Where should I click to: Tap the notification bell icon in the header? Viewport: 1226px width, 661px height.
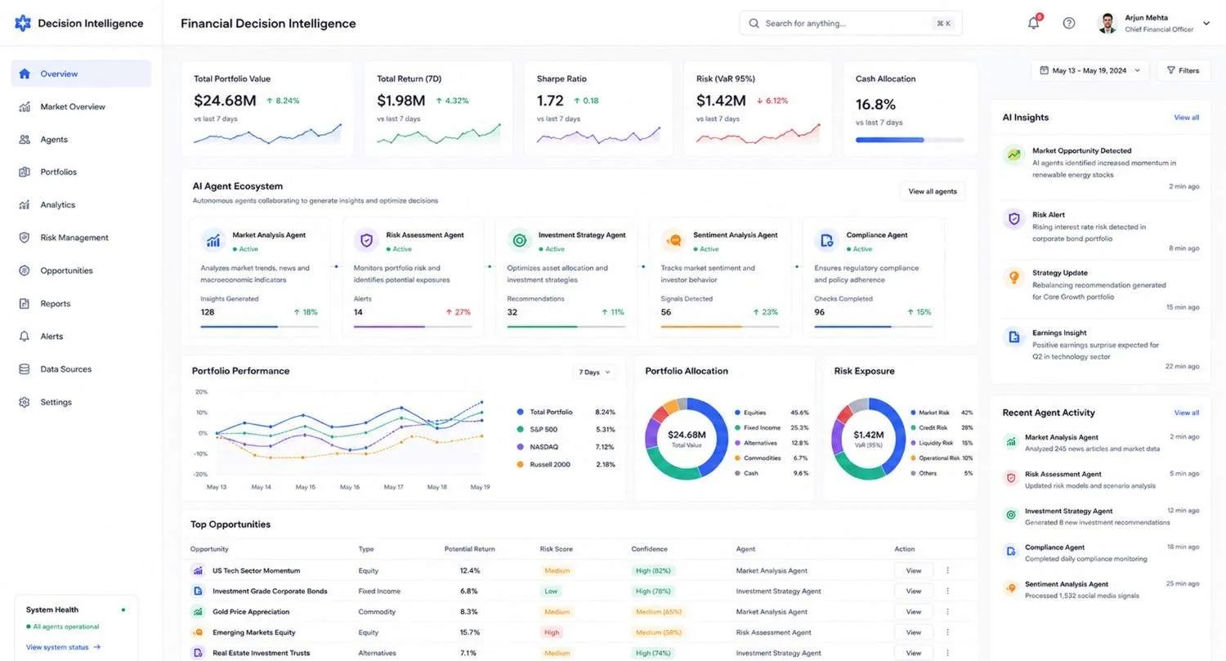(1033, 22)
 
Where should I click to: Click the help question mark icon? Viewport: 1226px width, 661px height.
(1068, 23)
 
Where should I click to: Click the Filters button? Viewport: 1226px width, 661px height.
(1183, 70)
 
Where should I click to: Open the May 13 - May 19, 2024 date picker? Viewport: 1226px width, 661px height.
(1090, 70)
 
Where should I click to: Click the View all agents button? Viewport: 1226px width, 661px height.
(932, 191)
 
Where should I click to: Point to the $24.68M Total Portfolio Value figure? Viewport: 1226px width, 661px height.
(225, 100)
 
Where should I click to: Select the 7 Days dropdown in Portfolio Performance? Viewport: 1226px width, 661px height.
(594, 372)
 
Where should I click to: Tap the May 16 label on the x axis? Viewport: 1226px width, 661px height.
(349, 487)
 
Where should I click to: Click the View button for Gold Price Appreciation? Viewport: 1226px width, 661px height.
(913, 612)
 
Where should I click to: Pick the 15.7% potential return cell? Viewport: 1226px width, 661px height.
(470, 632)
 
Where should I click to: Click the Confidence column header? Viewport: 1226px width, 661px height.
(649, 549)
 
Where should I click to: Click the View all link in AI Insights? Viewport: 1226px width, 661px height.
(1186, 118)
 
